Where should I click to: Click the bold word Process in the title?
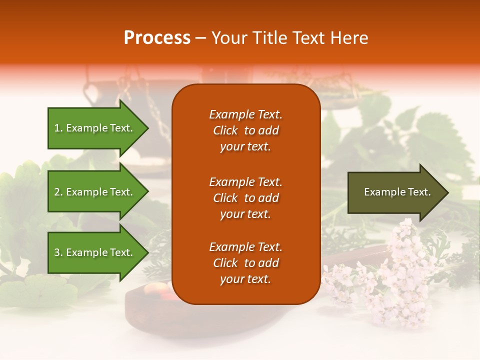click(x=157, y=38)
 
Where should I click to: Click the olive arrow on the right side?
click(x=395, y=192)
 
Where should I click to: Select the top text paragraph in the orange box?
click(x=245, y=130)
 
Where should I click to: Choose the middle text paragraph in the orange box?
click(x=245, y=198)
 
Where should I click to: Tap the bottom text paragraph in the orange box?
click(x=245, y=263)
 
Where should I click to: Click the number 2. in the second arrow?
click(x=58, y=192)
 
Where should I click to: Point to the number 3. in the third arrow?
click(x=58, y=252)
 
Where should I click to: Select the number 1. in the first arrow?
click(x=58, y=128)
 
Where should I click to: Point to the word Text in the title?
click(x=311, y=38)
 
